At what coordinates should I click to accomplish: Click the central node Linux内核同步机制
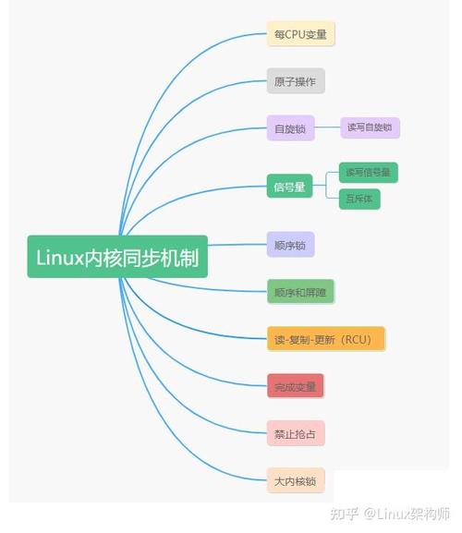point(117,257)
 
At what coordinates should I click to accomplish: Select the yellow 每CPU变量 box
point(300,33)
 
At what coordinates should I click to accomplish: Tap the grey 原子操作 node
point(296,81)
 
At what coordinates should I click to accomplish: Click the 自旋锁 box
point(290,128)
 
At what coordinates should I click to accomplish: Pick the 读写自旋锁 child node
point(370,127)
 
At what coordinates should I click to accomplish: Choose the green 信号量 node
point(289,186)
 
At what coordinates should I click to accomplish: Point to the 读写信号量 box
point(369,173)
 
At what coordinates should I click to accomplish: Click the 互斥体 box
point(359,199)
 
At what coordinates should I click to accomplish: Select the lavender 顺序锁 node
point(290,245)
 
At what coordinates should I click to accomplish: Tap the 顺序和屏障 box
point(300,292)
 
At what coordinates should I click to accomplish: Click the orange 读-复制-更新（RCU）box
point(326,339)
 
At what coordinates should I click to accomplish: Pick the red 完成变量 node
point(296,386)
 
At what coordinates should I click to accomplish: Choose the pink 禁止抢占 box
point(296,433)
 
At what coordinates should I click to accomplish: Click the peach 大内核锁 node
point(296,480)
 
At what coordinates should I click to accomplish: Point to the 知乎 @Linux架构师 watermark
point(390,514)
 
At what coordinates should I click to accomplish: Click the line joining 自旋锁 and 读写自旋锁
point(327,127)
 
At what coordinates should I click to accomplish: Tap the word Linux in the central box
point(60,258)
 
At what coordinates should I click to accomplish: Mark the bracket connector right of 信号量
point(326,186)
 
